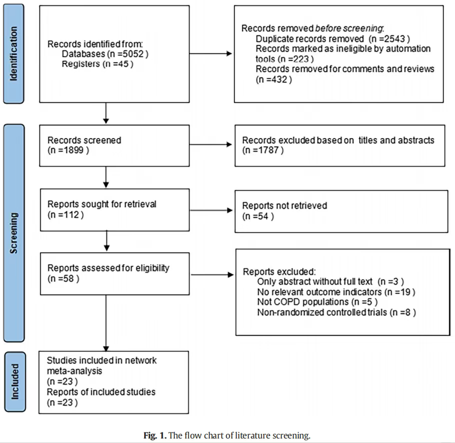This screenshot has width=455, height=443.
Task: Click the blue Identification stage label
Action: pyautogui.click(x=13, y=53)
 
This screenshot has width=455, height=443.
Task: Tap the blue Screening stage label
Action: pyautogui.click(x=14, y=233)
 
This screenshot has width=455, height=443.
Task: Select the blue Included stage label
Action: pyautogui.click(x=15, y=382)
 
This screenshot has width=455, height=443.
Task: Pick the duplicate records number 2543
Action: pyautogui.click(x=394, y=38)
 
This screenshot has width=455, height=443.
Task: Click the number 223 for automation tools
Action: pyautogui.click(x=301, y=59)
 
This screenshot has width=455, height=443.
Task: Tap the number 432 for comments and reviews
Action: pyautogui.click(x=279, y=79)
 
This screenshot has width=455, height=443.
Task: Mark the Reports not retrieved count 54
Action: pyautogui.click(x=263, y=216)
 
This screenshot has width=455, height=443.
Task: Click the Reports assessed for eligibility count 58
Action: pyautogui.click(x=68, y=278)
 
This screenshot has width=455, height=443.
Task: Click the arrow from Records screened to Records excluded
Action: pyautogui.click(x=210, y=144)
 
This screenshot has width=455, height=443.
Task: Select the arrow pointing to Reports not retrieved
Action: pyautogui.click(x=211, y=210)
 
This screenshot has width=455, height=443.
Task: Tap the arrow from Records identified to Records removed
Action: pyautogui.click(x=210, y=53)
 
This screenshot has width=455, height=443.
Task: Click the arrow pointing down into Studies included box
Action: pyautogui.click(x=106, y=323)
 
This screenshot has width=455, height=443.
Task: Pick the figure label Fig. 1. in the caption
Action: pyautogui.click(x=155, y=435)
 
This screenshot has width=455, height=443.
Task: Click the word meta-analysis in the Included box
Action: pyautogui.click(x=74, y=371)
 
